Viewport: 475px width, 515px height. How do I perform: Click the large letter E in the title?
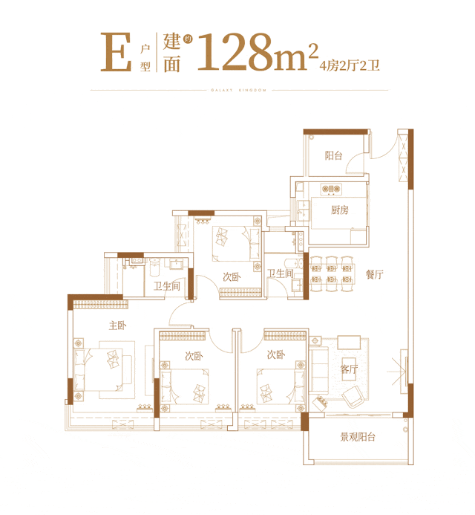click(x=116, y=52)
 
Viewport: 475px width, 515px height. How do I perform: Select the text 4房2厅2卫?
click(x=350, y=65)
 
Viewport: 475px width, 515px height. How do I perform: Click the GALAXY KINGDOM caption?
click(x=238, y=90)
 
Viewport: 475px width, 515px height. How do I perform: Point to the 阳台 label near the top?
click(x=334, y=155)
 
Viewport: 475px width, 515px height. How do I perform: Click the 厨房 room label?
click(x=339, y=210)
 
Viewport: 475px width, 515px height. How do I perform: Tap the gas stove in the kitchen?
click(x=331, y=189)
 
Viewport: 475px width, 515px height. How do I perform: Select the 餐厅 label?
click(x=375, y=274)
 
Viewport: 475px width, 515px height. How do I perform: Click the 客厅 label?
click(x=349, y=369)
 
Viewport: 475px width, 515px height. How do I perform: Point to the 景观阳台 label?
click(x=358, y=437)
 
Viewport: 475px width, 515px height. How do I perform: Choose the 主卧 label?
click(x=117, y=325)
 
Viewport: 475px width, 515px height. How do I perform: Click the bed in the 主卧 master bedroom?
click(x=103, y=369)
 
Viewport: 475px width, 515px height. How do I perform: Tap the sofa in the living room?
click(x=319, y=369)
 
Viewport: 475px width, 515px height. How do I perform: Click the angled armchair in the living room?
click(x=353, y=396)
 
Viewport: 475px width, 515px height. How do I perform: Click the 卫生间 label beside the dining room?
click(x=280, y=273)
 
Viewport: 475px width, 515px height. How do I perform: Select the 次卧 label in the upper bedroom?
click(x=232, y=277)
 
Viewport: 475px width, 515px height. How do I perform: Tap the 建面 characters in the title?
click(x=172, y=52)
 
